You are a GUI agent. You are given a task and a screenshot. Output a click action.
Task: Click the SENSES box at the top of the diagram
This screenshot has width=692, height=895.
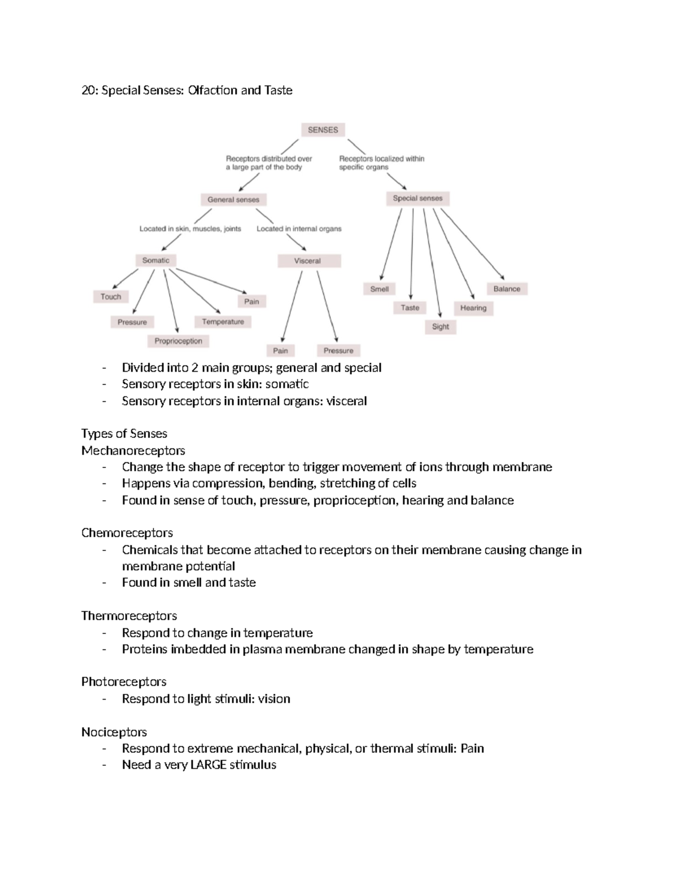click(323, 130)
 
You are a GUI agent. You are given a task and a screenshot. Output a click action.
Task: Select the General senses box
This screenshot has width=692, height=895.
click(234, 199)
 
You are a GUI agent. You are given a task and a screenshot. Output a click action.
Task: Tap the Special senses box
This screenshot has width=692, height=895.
click(418, 198)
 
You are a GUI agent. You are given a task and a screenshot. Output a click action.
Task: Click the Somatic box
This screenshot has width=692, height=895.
click(156, 260)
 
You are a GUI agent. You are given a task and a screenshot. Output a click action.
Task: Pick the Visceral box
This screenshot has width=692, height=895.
click(308, 261)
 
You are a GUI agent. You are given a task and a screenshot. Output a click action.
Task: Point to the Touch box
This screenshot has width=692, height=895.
click(111, 297)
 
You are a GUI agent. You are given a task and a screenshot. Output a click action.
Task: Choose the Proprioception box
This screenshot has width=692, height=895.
click(178, 341)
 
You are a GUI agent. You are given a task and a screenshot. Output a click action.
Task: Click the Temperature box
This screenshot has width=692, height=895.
click(223, 322)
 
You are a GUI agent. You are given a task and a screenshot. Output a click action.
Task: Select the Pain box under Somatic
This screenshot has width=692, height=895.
click(251, 301)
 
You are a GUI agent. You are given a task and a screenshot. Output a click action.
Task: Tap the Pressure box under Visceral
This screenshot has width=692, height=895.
click(339, 350)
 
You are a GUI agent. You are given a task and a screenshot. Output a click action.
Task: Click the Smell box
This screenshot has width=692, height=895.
click(379, 289)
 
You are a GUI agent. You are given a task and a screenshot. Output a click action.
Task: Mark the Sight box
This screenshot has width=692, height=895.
click(441, 327)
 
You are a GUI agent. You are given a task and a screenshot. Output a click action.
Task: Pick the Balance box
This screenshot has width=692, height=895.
click(507, 289)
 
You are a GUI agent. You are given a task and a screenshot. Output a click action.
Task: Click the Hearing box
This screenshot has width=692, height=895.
click(473, 308)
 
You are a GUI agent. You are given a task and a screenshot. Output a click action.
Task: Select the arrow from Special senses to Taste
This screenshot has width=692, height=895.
click(412, 254)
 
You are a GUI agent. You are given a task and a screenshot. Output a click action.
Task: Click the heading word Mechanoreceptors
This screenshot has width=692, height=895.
click(133, 450)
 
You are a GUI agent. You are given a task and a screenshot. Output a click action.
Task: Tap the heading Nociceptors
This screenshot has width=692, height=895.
click(114, 732)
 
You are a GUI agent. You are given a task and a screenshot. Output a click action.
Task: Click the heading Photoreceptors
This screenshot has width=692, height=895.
click(124, 682)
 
